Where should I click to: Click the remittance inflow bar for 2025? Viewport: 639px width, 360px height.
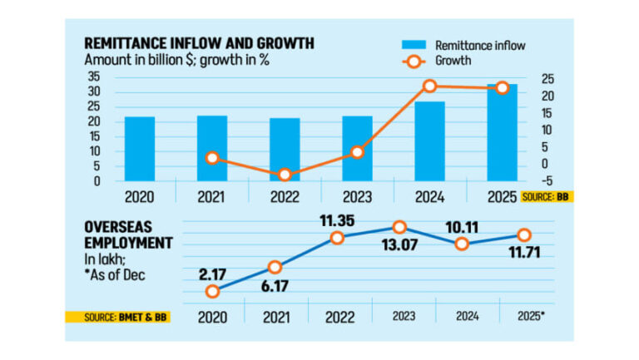(x=502, y=132)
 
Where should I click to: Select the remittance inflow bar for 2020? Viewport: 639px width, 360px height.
(x=140, y=149)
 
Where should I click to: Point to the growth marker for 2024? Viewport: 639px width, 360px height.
(x=429, y=86)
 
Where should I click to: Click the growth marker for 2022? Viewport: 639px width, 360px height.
(x=285, y=175)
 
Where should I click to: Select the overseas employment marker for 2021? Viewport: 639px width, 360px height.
(x=275, y=267)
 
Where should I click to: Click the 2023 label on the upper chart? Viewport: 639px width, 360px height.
(x=357, y=197)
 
